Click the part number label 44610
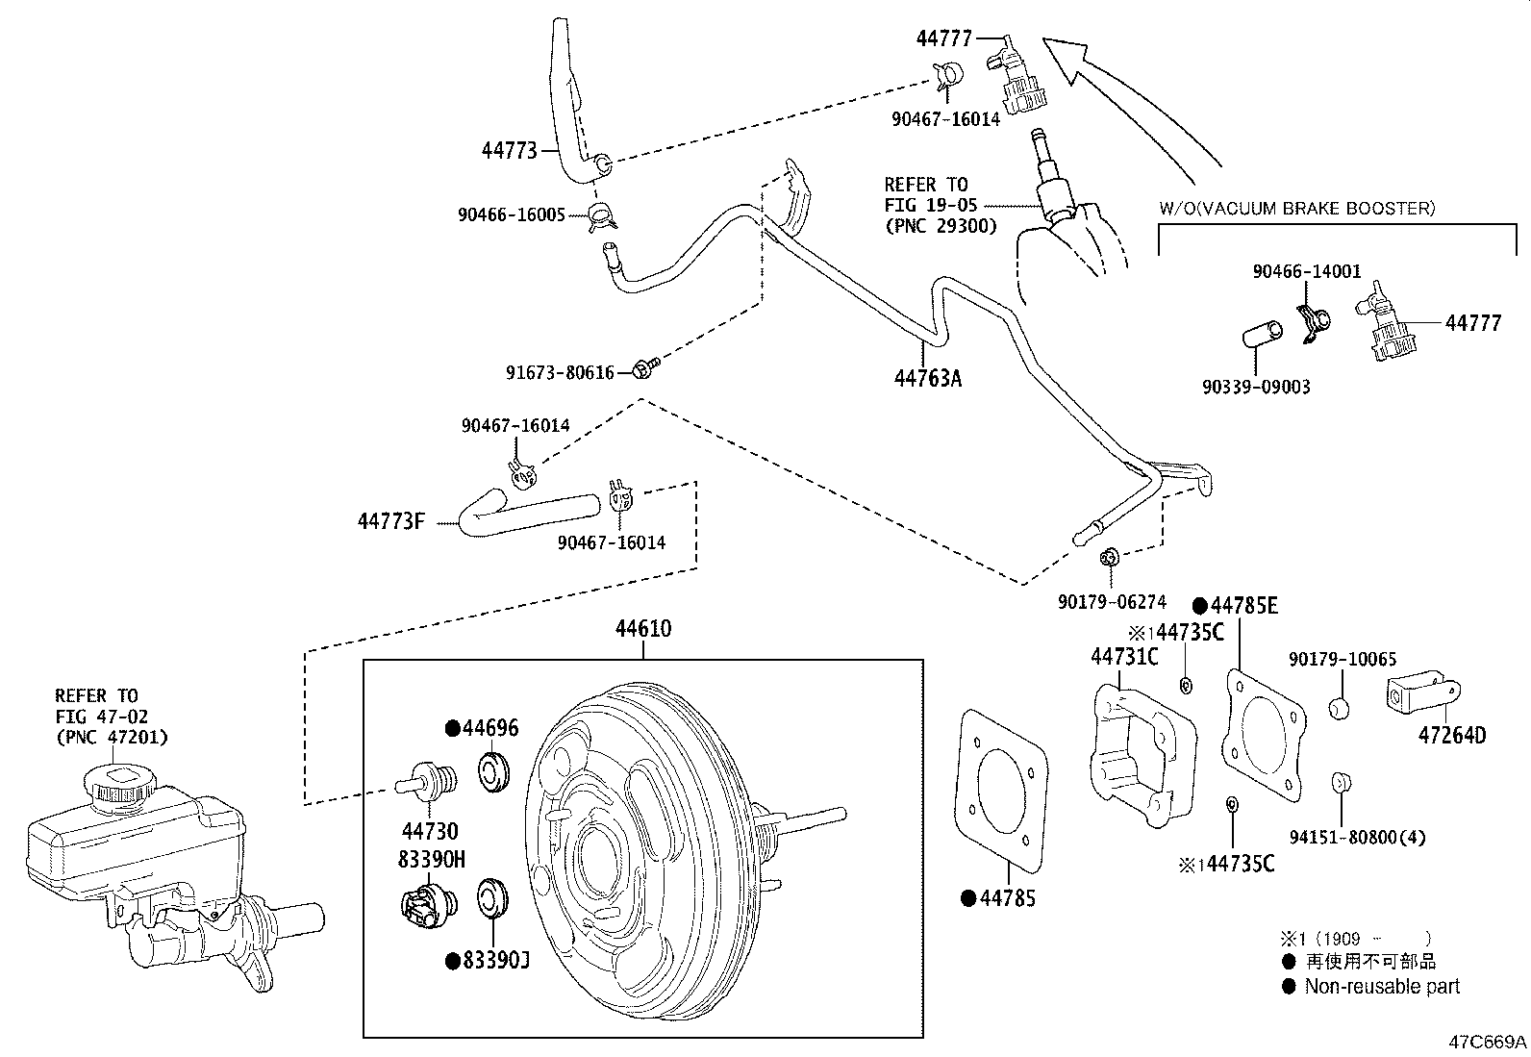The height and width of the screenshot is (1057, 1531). click(x=643, y=629)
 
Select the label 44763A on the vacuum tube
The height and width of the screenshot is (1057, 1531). click(x=927, y=378)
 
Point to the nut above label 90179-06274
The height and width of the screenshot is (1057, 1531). click(x=1108, y=556)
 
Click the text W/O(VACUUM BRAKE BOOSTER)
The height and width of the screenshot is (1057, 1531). click(x=1296, y=208)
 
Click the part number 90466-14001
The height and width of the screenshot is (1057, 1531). click(x=1306, y=272)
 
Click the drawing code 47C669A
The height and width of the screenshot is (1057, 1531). click(x=1489, y=1042)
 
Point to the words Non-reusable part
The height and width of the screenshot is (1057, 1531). click(x=1381, y=986)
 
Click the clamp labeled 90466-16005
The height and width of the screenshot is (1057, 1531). click(x=602, y=217)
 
